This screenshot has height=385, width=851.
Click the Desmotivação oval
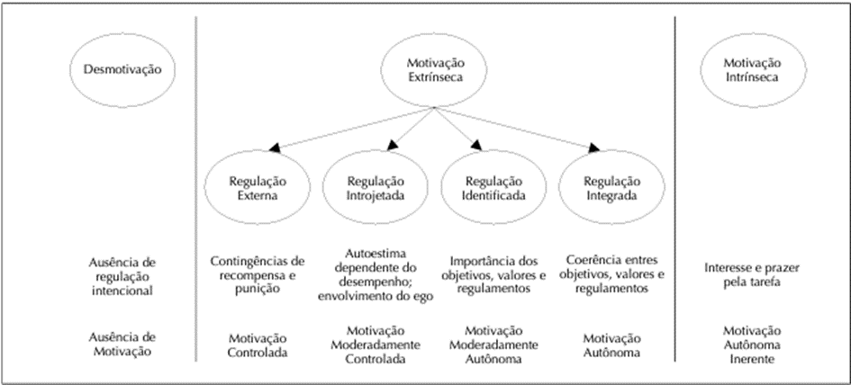(70, 70)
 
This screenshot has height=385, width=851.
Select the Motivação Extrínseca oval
(381, 70)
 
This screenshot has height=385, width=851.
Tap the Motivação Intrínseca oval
(701, 70)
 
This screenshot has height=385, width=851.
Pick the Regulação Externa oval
(204, 187)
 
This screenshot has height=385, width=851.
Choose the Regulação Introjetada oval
(323, 187)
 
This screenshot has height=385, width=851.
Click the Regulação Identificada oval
(441, 187)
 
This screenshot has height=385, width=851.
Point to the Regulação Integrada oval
(559, 187)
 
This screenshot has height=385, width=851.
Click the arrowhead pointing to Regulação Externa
(275, 147)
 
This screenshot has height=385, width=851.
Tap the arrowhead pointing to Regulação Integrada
(593, 147)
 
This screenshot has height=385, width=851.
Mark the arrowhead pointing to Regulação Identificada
(476, 146)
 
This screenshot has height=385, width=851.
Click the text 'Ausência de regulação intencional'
(122, 276)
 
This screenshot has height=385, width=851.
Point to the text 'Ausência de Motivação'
(122, 344)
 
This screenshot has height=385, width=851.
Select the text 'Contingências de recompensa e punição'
(258, 275)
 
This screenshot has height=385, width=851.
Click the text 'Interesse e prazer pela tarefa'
(752, 275)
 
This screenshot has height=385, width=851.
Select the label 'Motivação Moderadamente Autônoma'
(493, 345)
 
